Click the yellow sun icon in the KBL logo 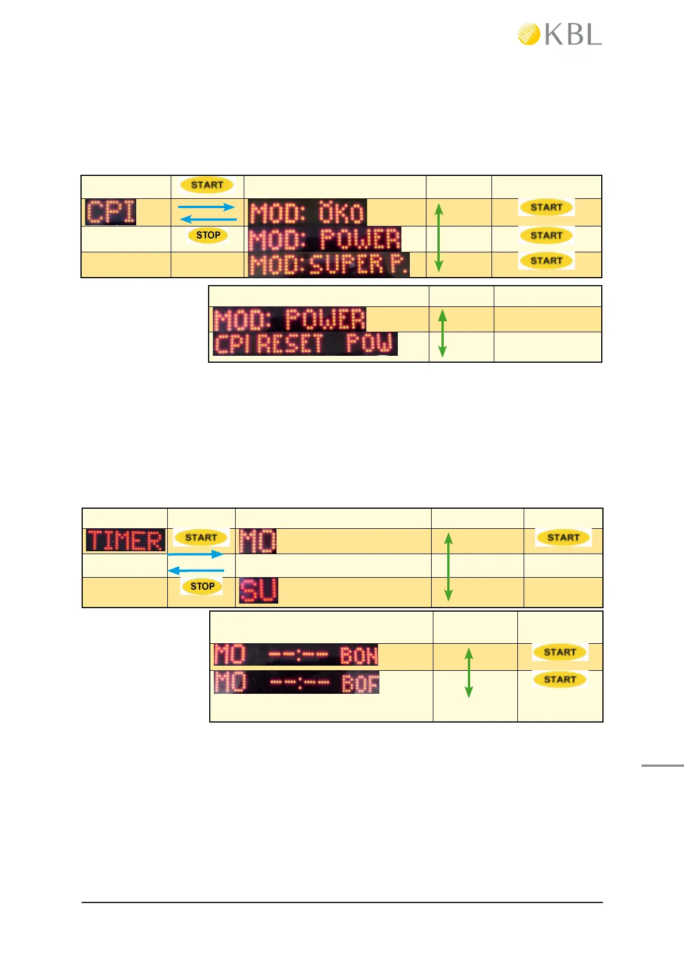click(529, 34)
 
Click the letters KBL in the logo click(573, 35)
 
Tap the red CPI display click(111, 212)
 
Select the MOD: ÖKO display click(308, 213)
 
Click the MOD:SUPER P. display click(329, 265)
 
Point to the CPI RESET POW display click(305, 344)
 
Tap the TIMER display click(125, 541)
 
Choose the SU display click(258, 590)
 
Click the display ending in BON click(296, 655)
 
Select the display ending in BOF click(297, 682)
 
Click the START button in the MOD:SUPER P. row click(546, 261)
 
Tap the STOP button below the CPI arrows click(208, 235)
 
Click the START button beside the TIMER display click(201, 537)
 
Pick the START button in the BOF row click(560, 679)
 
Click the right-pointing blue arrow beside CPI click(207, 207)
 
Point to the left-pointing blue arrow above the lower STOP click(195, 571)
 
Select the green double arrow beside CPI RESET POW click(442, 333)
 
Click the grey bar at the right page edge click(662, 765)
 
